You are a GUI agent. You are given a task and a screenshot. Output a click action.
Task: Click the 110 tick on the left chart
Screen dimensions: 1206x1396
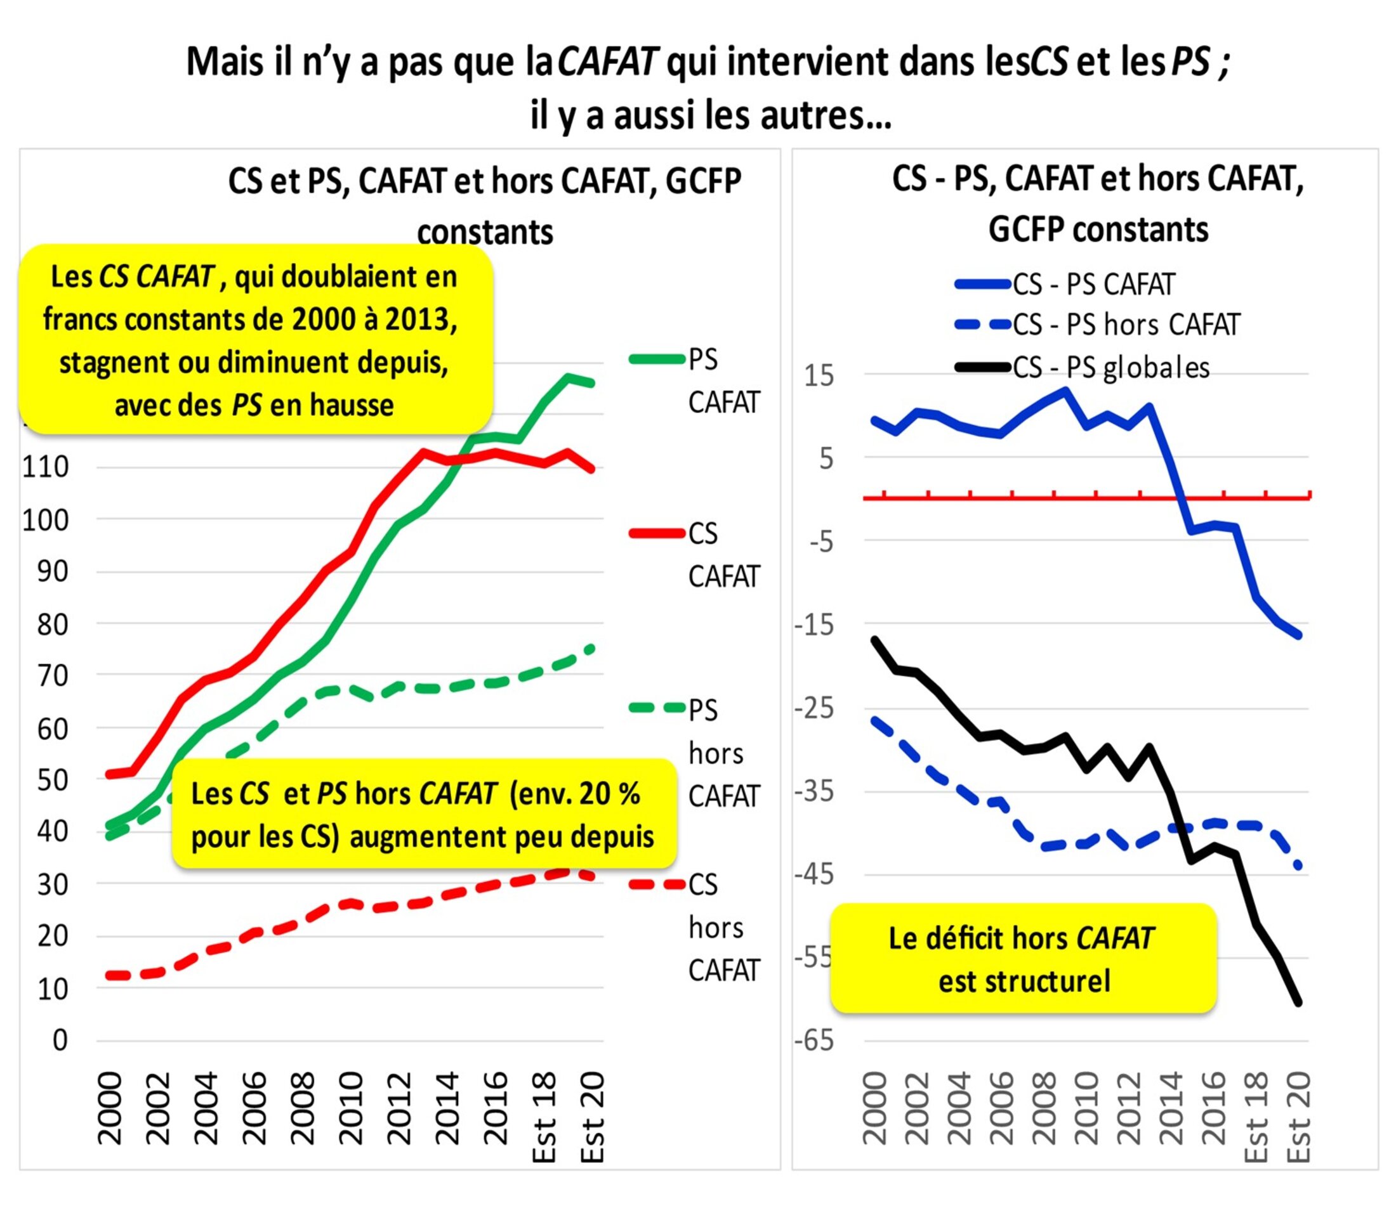(x=46, y=467)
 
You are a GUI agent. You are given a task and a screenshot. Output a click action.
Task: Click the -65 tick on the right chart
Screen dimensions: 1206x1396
(x=814, y=1041)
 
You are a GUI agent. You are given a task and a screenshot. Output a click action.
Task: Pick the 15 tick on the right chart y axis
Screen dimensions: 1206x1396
(x=819, y=376)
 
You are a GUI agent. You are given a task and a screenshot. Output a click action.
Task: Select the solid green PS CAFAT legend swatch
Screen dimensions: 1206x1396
(x=657, y=360)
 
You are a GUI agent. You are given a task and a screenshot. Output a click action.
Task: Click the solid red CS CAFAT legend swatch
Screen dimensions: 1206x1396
(x=657, y=533)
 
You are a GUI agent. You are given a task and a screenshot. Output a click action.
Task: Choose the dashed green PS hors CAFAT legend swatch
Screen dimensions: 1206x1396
(x=657, y=708)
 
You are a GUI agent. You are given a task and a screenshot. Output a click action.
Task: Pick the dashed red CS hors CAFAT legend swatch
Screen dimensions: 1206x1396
(x=657, y=883)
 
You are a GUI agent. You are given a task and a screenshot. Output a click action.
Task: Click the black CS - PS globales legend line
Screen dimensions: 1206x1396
(x=983, y=368)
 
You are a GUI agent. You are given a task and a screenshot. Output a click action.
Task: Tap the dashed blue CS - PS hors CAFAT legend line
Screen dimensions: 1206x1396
(x=983, y=325)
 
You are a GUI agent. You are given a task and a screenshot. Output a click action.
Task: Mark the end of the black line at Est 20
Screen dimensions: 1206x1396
(x=1298, y=1003)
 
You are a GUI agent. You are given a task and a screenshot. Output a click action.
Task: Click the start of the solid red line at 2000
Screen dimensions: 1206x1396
(x=109, y=775)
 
